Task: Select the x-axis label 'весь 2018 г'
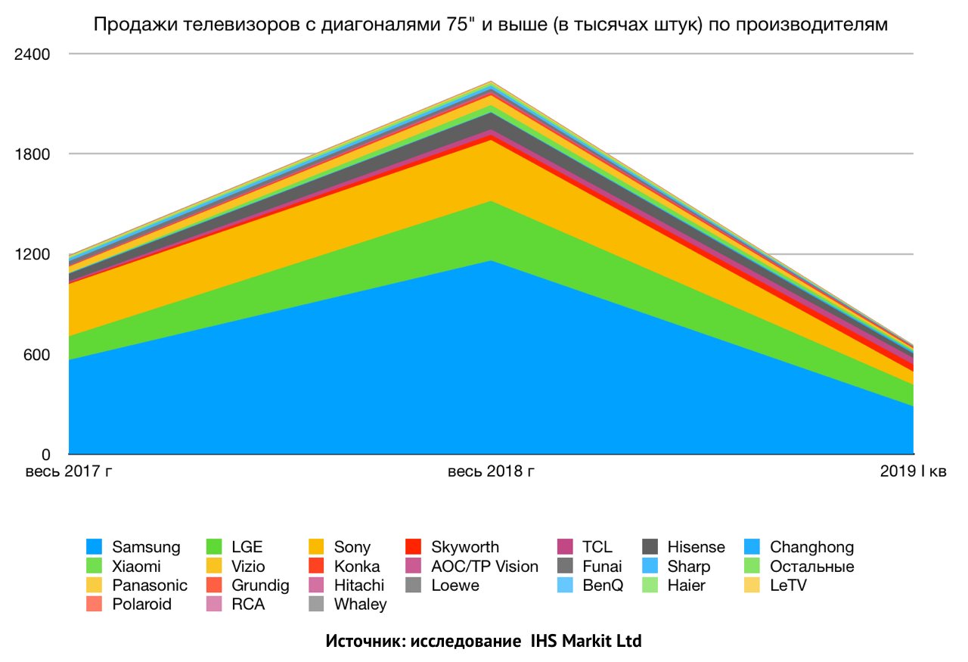[491, 472]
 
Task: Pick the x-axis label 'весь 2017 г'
[70, 472]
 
